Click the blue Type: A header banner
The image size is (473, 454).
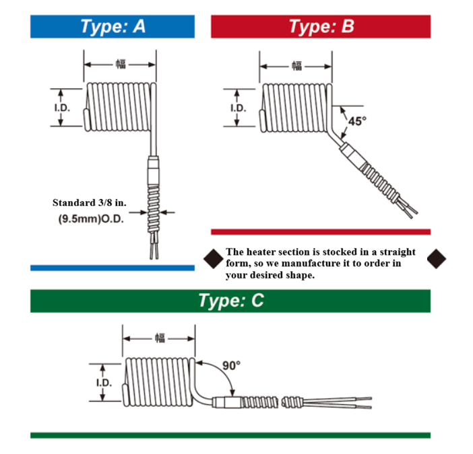click(x=113, y=27)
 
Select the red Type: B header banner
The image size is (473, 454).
click(x=321, y=27)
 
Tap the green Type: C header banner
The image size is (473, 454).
click(x=230, y=301)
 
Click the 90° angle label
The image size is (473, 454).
click(x=231, y=365)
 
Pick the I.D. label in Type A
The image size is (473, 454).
click(x=62, y=108)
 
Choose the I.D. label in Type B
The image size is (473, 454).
click(x=238, y=108)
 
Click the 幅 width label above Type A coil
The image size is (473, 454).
click(x=120, y=65)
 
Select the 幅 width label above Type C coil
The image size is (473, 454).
click(x=159, y=337)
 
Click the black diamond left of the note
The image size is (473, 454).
click(x=213, y=258)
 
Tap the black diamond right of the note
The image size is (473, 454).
click(x=437, y=258)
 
